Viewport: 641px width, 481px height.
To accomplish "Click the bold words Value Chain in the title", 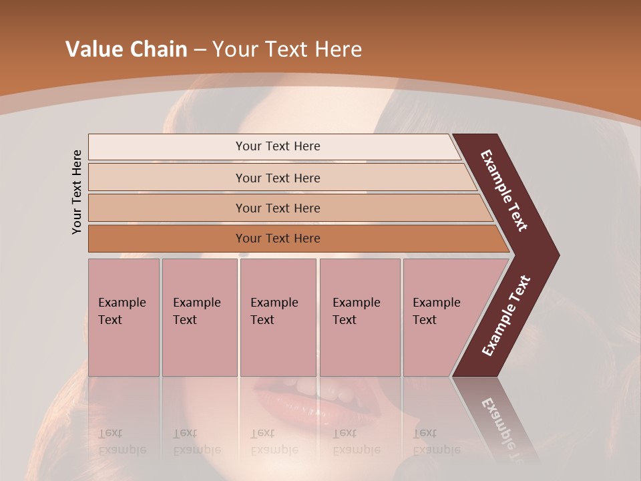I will [x=126, y=49].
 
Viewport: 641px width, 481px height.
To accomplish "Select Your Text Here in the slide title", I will [x=287, y=49].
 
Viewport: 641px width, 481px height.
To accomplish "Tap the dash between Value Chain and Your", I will [x=200, y=50].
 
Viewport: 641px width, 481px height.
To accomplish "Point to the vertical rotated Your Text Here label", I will [x=77, y=192].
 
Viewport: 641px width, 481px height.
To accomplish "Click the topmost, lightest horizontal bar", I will [x=277, y=146].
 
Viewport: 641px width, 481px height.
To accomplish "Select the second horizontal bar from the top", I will [x=277, y=178].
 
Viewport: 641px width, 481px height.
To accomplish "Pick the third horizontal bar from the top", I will [x=277, y=208].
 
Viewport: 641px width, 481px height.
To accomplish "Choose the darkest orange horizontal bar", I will [x=277, y=238].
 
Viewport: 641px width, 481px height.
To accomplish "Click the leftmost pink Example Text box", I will [x=124, y=317].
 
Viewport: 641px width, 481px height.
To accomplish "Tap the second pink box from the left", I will [x=199, y=317].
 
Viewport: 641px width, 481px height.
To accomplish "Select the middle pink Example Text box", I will [x=278, y=317].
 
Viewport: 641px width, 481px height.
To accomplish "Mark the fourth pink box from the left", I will [x=359, y=317].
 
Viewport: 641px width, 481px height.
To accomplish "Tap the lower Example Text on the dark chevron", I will [x=506, y=315].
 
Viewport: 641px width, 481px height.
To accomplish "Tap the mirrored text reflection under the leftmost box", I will [x=122, y=442].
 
